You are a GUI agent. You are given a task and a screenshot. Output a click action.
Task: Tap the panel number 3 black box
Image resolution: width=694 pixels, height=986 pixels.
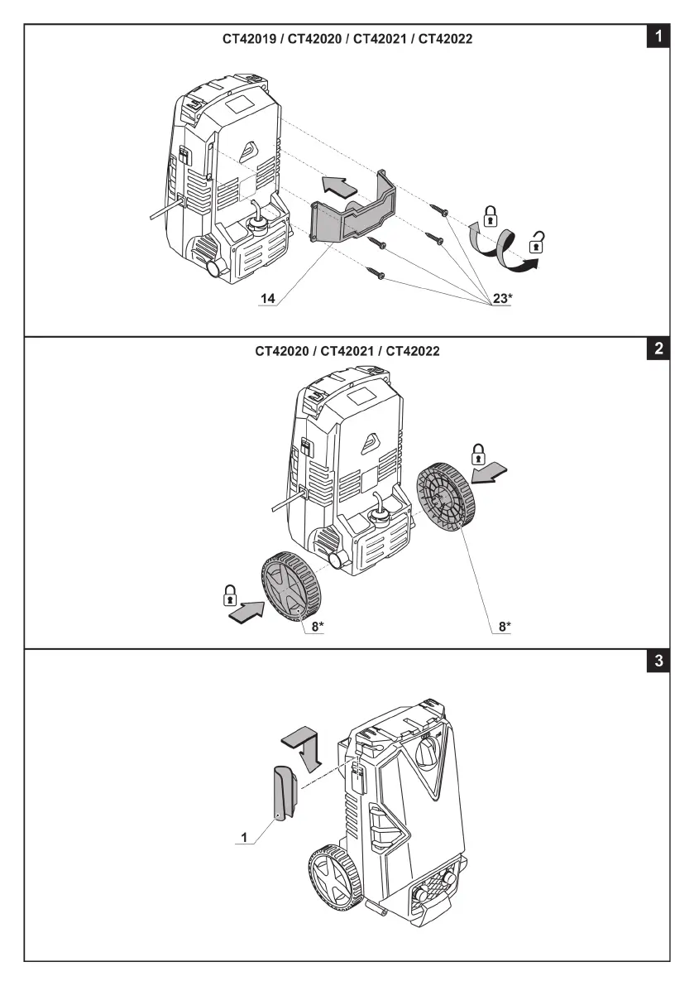[x=658, y=661]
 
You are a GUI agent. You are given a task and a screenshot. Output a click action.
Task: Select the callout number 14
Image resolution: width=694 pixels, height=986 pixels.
[x=267, y=296]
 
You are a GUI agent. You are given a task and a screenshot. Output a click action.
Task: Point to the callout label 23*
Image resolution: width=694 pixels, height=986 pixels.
[x=502, y=297]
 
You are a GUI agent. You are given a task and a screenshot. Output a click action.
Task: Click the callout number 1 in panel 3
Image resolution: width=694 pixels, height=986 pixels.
[x=245, y=838]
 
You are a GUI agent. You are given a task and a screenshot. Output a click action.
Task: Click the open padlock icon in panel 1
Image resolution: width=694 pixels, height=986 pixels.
[x=538, y=243]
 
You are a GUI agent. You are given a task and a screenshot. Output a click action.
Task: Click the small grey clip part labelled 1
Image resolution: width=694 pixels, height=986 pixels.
[x=281, y=794]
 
